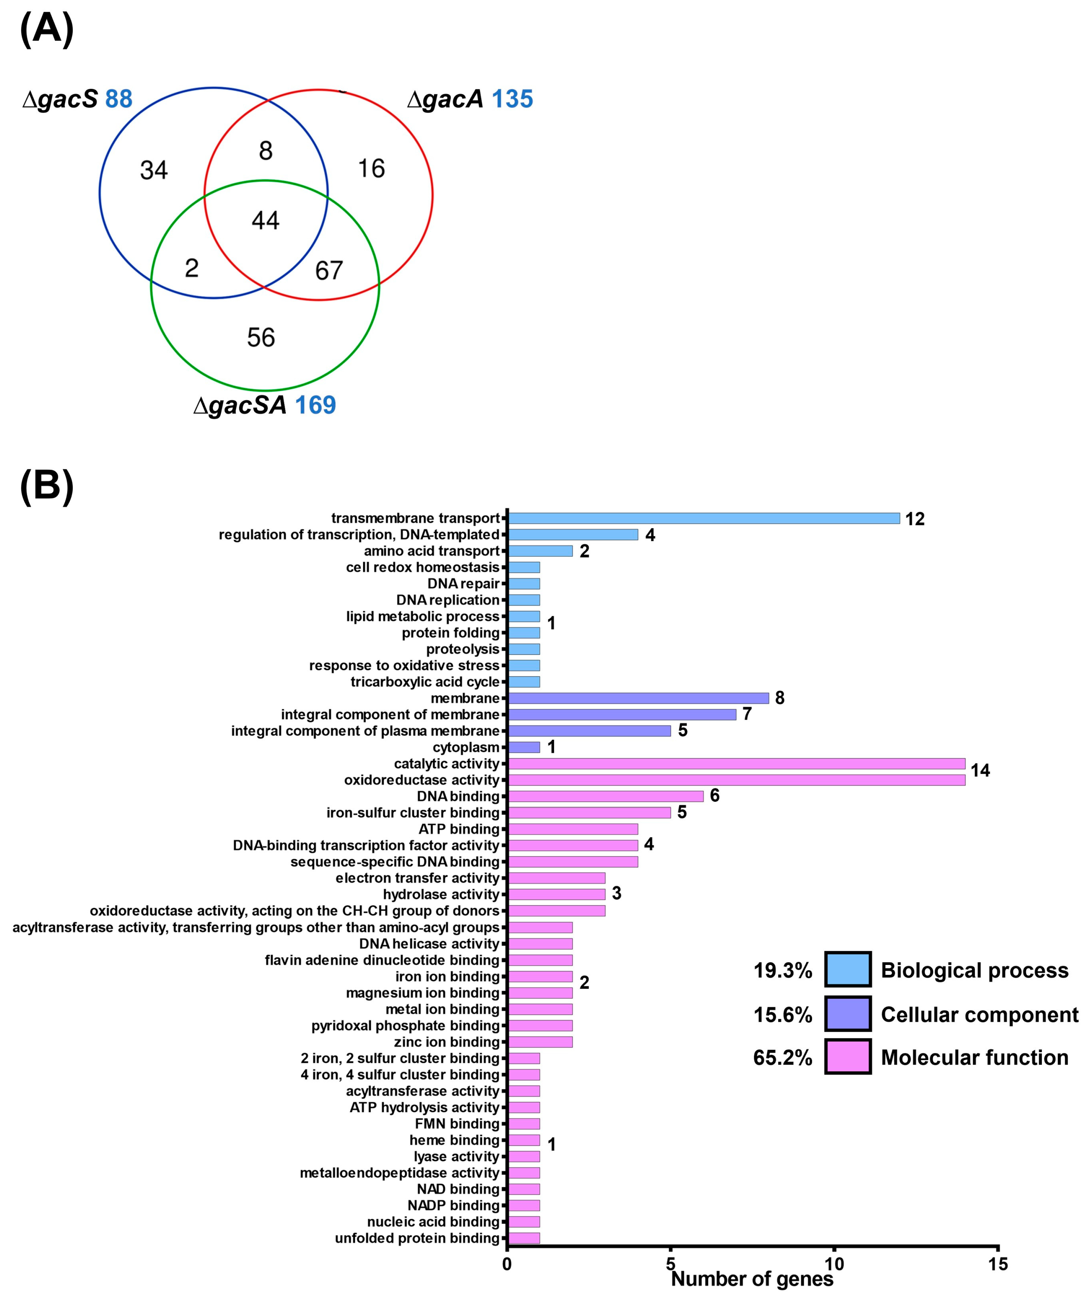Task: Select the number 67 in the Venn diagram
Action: pyautogui.click(x=329, y=270)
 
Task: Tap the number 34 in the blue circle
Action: pyautogui.click(x=154, y=170)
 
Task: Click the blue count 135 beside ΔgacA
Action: pyautogui.click(x=512, y=99)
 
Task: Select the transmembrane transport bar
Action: pyautogui.click(x=703, y=518)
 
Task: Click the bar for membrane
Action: pyautogui.click(x=638, y=698)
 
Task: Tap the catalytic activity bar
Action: pyautogui.click(x=736, y=764)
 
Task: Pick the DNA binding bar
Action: pyautogui.click(x=605, y=796)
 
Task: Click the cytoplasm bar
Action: pyautogui.click(x=523, y=747)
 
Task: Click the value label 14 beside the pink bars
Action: pyautogui.click(x=980, y=771)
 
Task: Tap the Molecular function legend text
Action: pyautogui.click(x=975, y=1057)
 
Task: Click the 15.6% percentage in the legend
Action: pyautogui.click(x=782, y=1015)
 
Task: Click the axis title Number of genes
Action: pyautogui.click(x=752, y=1279)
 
